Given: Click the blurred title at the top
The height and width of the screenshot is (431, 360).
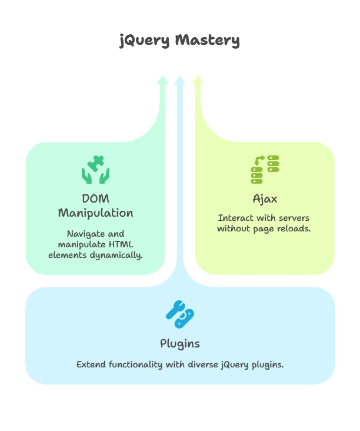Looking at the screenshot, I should coord(179,42).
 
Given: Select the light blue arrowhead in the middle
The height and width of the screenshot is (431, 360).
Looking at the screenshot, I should coord(180,79).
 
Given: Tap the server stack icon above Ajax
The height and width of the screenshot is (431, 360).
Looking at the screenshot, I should coord(265,170).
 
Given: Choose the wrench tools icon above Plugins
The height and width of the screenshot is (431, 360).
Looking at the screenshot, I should coord(179,314).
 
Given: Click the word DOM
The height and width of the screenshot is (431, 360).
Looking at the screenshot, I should coord(95,198).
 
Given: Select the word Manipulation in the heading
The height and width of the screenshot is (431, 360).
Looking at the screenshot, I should coord(95,213).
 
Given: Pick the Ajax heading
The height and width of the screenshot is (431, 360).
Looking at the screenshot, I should coord(264,198).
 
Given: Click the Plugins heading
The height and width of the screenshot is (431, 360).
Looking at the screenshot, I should coord(179,343).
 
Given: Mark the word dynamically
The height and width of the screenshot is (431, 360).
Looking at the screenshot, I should coord(118,255).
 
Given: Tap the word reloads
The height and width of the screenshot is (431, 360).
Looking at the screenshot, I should coord(294,228).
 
